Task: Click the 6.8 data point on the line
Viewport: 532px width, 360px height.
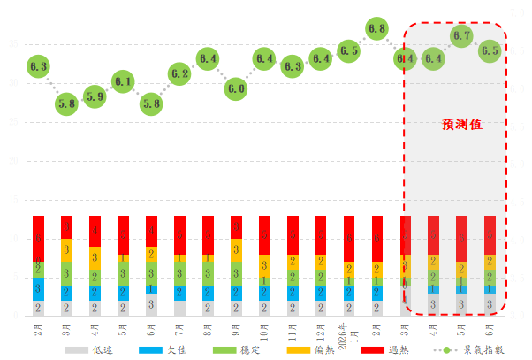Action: [x=376, y=29]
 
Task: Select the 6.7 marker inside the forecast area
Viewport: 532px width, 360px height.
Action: [x=461, y=36]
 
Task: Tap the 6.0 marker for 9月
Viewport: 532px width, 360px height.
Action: [x=236, y=88]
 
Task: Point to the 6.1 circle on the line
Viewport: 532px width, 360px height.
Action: [x=123, y=83]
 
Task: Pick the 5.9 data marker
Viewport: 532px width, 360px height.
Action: [x=95, y=96]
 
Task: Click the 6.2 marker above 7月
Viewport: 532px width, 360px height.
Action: [x=179, y=74]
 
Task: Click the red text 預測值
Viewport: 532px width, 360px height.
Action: [x=462, y=125]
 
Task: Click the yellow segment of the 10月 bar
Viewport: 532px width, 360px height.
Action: [x=264, y=263]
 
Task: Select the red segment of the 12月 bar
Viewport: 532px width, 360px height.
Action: [x=321, y=235]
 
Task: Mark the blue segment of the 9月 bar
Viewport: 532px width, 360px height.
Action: [x=236, y=293]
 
